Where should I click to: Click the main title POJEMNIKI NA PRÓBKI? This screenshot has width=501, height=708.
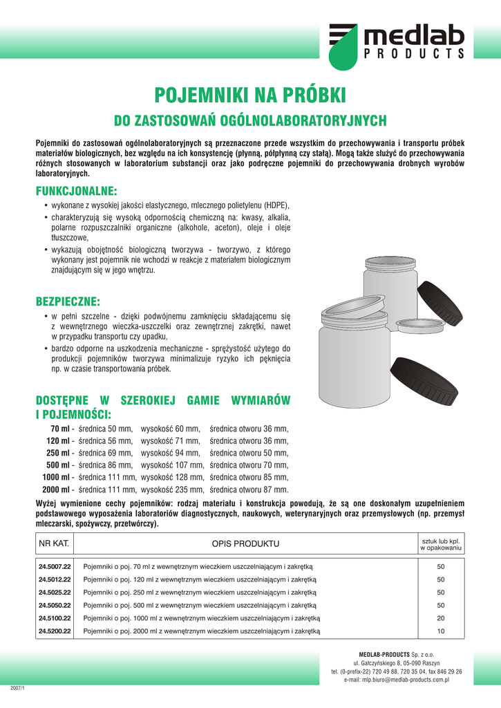249,95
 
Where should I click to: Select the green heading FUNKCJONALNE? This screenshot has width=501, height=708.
76,190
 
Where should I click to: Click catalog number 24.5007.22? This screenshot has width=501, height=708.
55,566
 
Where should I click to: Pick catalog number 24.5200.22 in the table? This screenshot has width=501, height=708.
55,631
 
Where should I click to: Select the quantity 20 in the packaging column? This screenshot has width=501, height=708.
440,618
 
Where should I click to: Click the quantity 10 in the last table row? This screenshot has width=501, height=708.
440,631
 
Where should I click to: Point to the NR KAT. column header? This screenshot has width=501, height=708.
55,543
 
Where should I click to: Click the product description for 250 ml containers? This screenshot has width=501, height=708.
199,593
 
